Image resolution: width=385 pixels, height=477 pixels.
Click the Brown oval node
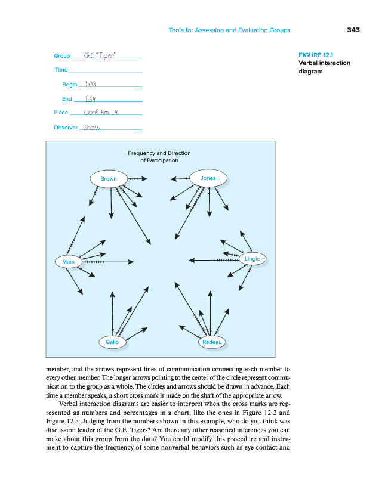coord(109,179)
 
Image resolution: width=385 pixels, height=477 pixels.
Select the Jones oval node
coord(208,178)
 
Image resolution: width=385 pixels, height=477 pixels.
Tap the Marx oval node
coord(69,261)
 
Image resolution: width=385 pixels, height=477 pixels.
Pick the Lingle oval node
coord(252,259)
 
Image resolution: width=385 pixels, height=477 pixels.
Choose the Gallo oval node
coord(112,342)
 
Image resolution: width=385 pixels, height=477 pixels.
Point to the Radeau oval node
coord(212,342)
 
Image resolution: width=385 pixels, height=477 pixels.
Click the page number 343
coord(353,30)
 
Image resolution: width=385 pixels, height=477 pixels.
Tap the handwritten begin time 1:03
coord(91,85)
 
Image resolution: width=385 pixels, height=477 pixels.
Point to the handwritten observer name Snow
coord(92,127)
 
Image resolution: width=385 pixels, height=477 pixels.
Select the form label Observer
coord(66,128)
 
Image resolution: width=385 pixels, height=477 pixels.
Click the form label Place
coord(61,113)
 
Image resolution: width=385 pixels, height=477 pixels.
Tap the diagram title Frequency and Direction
coord(159,153)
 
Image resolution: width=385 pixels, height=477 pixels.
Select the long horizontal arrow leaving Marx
coord(107,261)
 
